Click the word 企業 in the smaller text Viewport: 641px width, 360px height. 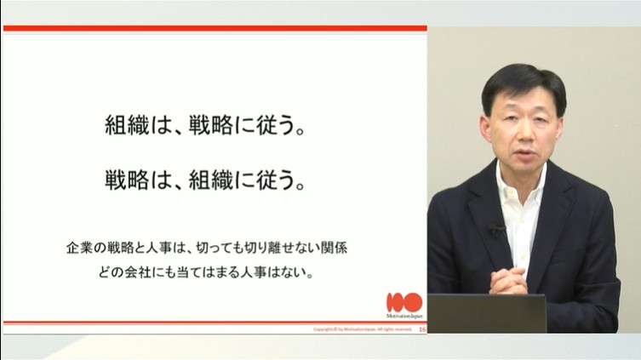point(79,249)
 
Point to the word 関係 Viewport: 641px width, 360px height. point(333,249)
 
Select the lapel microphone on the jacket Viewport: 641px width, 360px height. point(495,229)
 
